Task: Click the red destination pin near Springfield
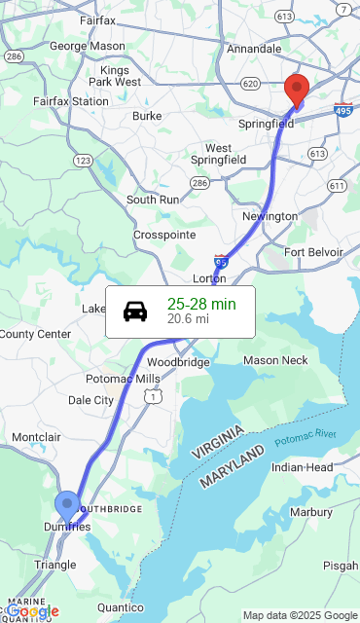point(298,90)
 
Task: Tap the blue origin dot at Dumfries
point(67,505)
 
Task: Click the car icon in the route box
point(135,311)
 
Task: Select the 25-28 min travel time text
point(201,304)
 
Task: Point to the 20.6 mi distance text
point(188,318)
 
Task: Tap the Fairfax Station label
point(71,101)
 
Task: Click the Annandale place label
point(254,49)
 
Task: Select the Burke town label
point(147,116)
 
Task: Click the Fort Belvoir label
point(313,252)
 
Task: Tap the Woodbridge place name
point(178,362)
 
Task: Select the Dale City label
point(90,400)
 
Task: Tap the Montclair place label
point(36,437)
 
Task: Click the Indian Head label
point(303,467)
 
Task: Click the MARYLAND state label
point(232,468)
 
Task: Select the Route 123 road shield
point(84,160)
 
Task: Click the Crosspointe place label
point(164,236)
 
